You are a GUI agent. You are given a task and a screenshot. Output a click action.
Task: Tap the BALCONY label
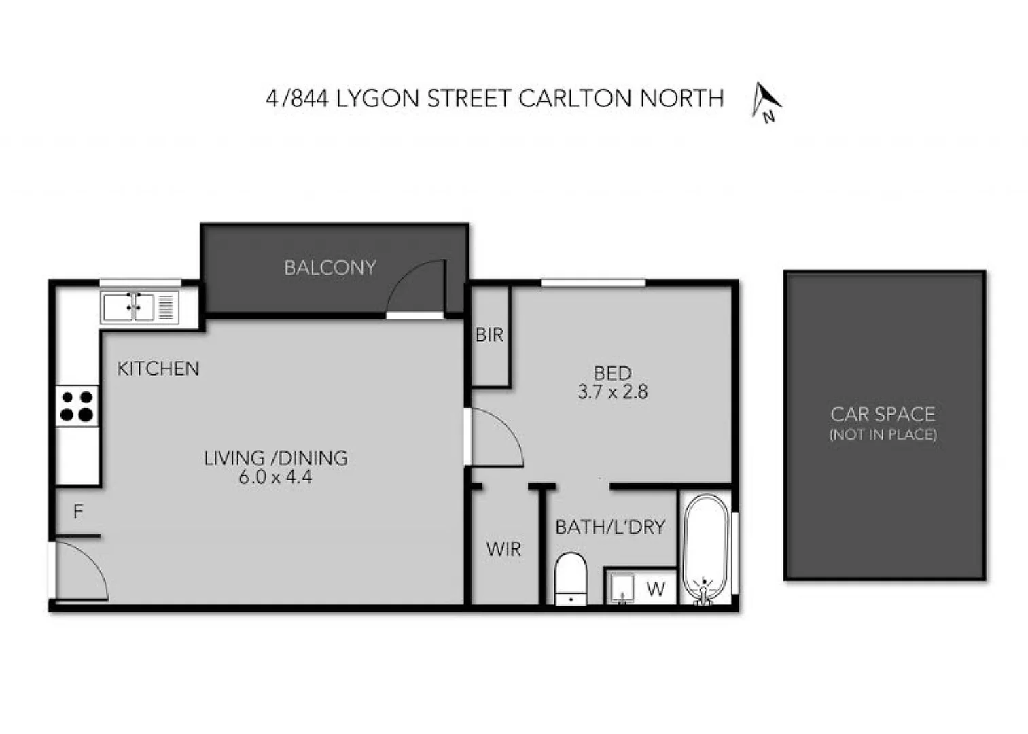[330, 268]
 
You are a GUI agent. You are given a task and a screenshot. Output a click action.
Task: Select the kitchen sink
[139, 307]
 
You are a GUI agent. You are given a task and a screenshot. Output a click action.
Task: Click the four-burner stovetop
[77, 406]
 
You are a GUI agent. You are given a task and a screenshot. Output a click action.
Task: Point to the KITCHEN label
[158, 368]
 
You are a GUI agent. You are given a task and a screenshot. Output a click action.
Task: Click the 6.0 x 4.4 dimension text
[275, 477]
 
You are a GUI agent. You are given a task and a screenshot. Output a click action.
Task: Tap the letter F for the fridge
[78, 511]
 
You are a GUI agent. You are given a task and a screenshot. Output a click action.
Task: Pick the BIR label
[489, 334]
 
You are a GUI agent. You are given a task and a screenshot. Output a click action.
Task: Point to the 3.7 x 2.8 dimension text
[612, 392]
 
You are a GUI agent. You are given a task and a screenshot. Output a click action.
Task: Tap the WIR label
[503, 549]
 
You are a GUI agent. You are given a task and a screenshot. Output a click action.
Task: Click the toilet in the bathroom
[571, 578]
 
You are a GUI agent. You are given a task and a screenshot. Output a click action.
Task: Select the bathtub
[705, 549]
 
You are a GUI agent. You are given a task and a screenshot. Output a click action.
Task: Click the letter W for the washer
[656, 589]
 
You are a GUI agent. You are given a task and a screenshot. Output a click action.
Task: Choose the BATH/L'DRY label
[610, 527]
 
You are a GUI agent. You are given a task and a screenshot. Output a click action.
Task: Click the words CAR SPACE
[883, 414]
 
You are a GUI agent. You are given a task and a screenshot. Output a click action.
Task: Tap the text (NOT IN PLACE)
[883, 434]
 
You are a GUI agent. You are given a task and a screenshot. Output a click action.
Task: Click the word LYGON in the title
[378, 99]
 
